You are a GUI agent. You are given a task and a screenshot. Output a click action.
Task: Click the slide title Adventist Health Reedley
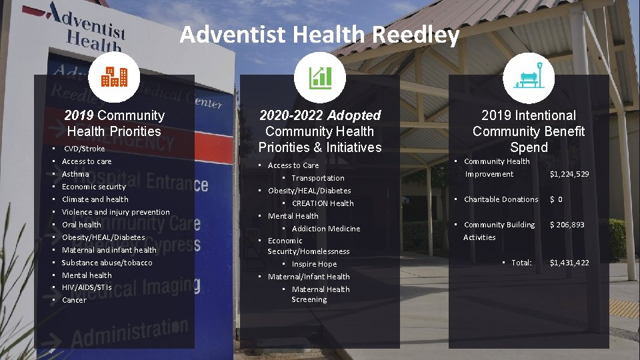319,34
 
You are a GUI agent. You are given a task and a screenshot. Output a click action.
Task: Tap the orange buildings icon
114,77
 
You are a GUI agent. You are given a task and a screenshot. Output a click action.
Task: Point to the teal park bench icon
529,77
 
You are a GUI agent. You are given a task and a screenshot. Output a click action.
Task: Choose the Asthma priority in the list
75,174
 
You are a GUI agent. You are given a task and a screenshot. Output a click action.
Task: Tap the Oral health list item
81,225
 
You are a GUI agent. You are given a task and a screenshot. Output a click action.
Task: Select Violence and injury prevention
115,212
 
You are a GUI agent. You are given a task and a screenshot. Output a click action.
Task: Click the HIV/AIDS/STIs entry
87,287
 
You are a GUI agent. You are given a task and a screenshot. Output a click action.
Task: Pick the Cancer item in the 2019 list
74,300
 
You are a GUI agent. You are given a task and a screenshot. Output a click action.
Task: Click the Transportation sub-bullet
318,178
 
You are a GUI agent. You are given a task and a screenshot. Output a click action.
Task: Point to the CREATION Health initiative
323,203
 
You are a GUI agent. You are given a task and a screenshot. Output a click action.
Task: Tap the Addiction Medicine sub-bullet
325,229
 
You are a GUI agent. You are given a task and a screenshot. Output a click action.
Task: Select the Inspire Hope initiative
314,264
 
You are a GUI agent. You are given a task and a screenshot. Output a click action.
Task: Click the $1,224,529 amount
569,174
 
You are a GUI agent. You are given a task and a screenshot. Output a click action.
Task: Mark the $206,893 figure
567,225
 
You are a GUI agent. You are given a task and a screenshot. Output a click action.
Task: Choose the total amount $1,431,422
569,263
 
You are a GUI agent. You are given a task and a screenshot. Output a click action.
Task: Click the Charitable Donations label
501,199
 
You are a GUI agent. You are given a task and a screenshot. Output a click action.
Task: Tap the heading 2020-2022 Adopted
319,115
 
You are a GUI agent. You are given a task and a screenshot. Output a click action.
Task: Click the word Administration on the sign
129,332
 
